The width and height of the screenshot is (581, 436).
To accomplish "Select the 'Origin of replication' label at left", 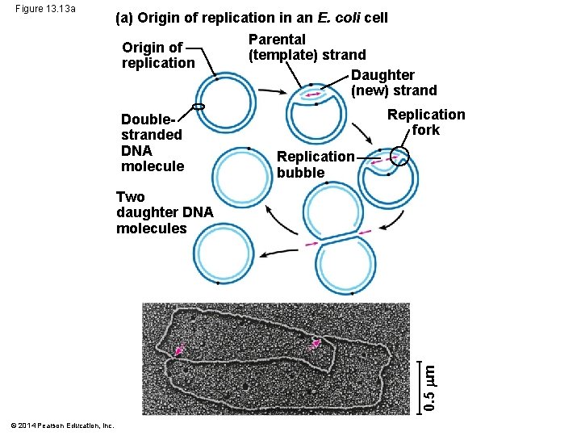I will click(158, 55).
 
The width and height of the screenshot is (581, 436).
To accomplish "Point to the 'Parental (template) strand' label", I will click(307, 47).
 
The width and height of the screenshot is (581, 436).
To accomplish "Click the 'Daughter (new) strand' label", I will click(394, 82).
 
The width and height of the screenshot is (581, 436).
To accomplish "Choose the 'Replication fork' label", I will click(426, 122).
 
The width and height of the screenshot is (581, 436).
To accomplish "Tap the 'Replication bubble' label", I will click(315, 164).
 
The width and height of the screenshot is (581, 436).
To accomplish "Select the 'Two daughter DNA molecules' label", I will click(164, 212).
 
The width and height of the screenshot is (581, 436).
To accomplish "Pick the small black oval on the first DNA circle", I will click(199, 107).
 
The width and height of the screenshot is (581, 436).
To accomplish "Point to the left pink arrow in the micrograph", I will click(179, 349).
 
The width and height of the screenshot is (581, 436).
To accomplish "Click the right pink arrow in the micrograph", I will click(317, 345).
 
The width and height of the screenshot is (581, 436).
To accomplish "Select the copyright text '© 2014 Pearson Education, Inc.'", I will click(62, 426).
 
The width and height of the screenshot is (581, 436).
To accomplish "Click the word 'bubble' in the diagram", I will click(300, 172).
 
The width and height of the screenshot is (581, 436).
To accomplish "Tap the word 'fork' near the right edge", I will click(425, 130).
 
